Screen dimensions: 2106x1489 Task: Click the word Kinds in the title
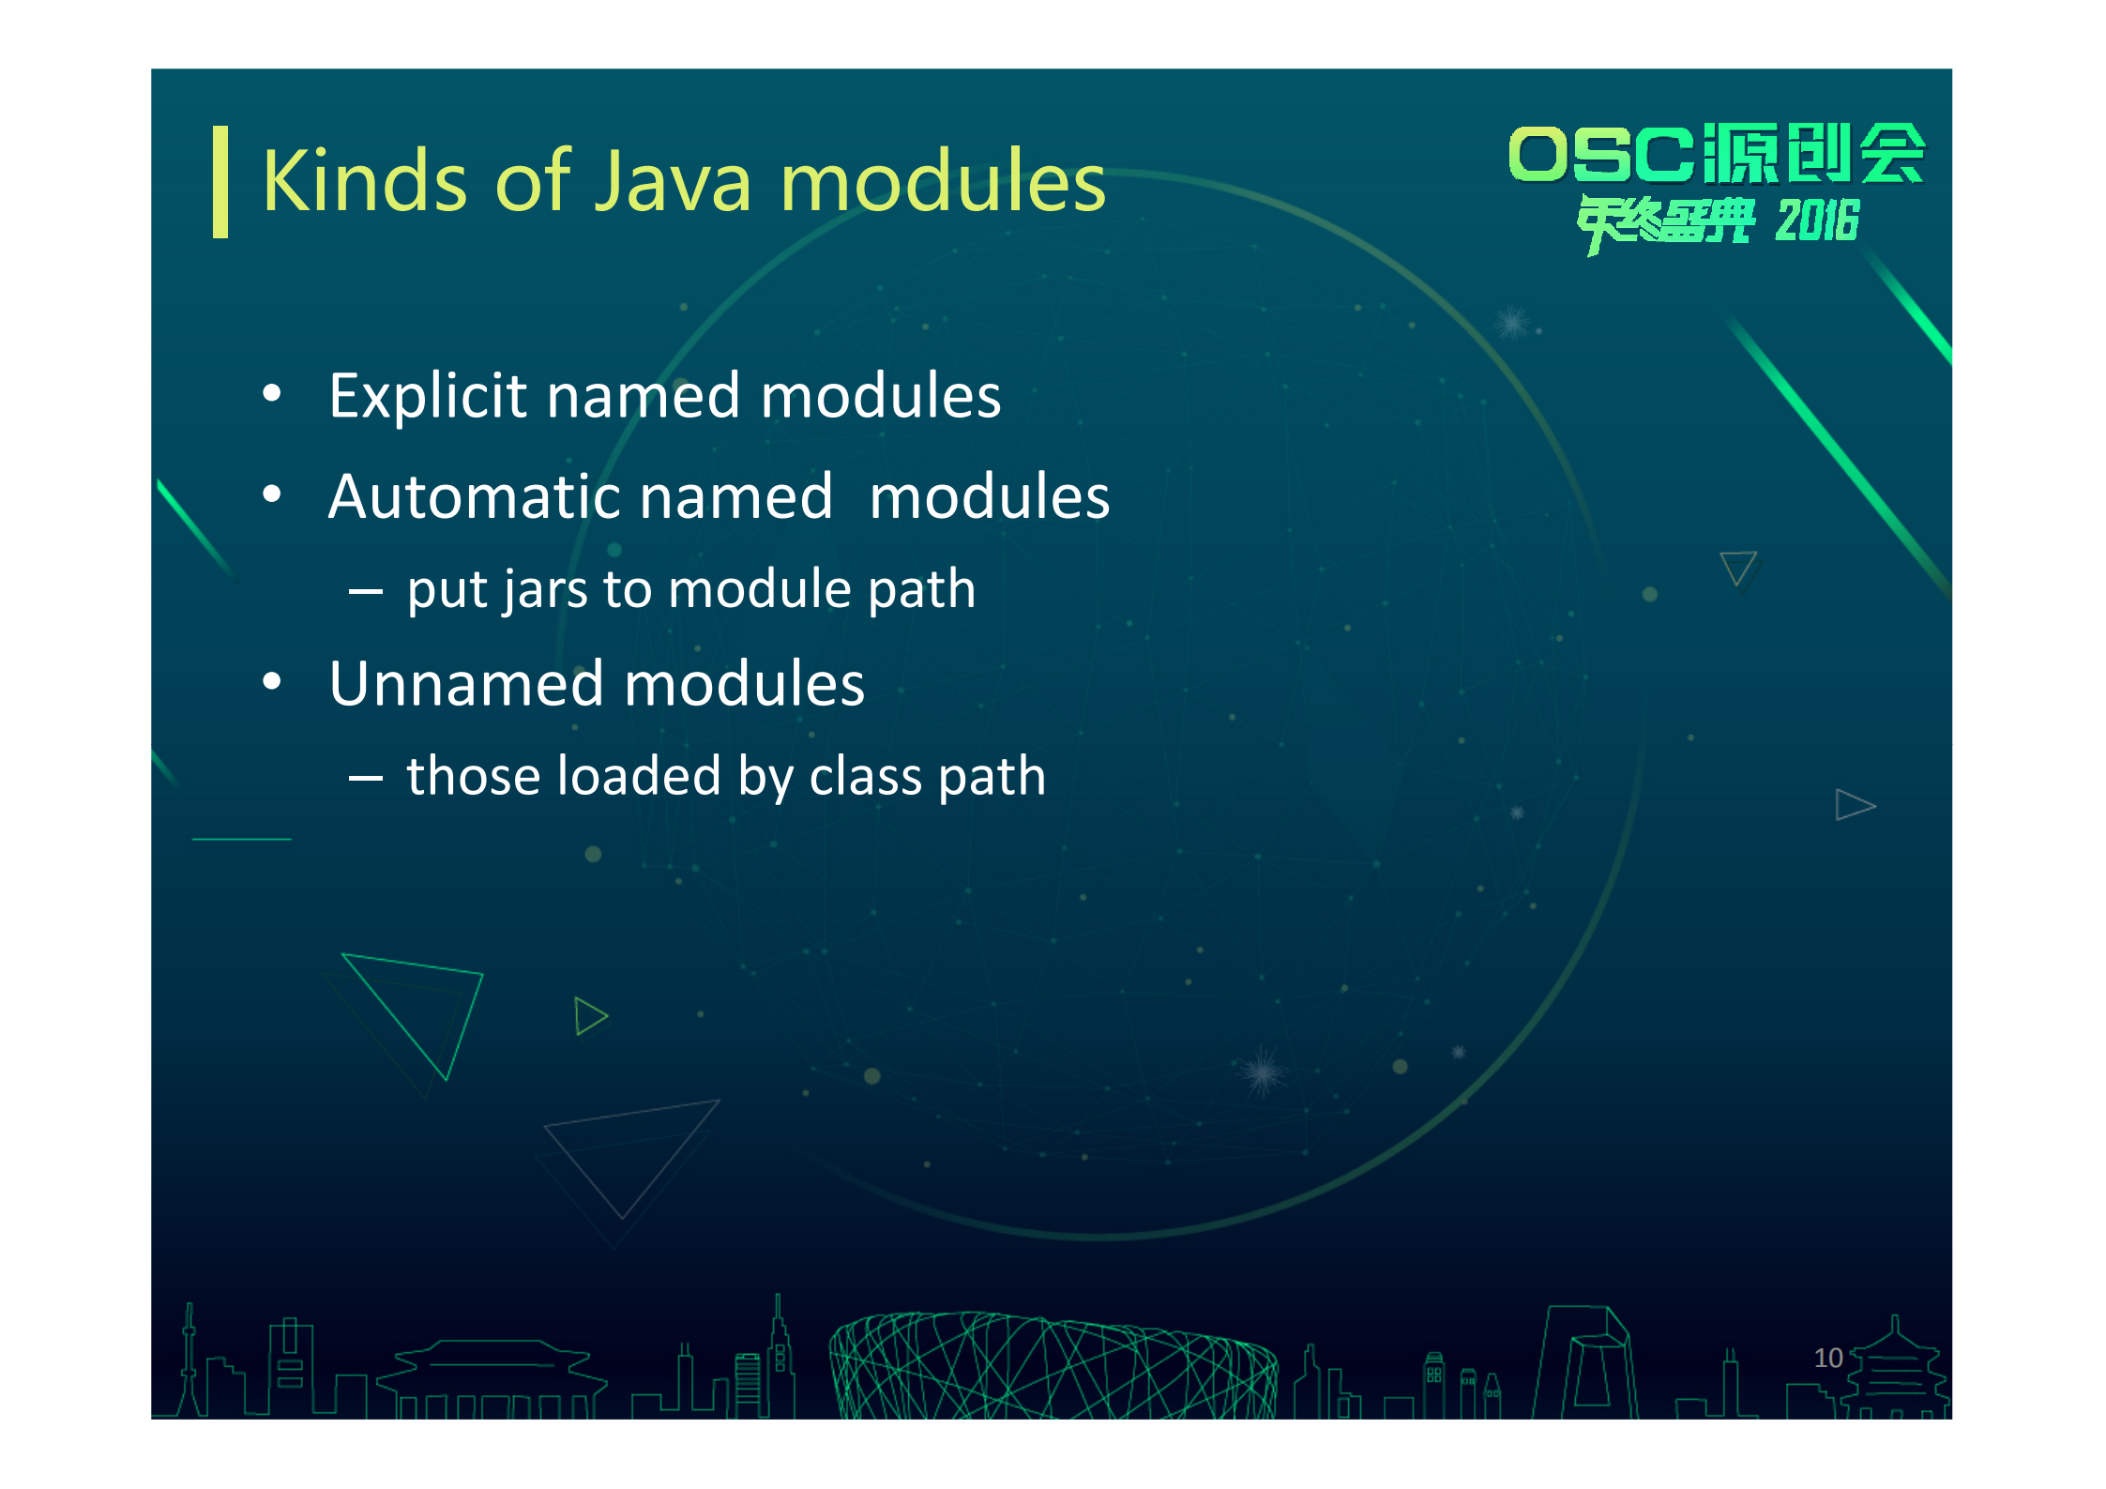click(364, 181)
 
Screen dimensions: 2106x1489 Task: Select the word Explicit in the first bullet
click(428, 397)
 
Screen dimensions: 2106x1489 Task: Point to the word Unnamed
click(466, 683)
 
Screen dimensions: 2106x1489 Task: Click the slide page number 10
click(1828, 1358)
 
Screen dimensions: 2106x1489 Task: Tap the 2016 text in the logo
click(1817, 221)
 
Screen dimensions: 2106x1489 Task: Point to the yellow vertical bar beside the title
click(220, 181)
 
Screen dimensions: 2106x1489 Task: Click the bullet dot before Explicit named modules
click(272, 394)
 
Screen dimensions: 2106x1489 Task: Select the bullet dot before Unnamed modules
click(272, 682)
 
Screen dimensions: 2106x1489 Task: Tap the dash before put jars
click(365, 592)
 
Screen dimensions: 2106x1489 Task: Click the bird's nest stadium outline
click(1053, 1365)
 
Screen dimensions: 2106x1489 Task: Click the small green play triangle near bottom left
click(590, 1016)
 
